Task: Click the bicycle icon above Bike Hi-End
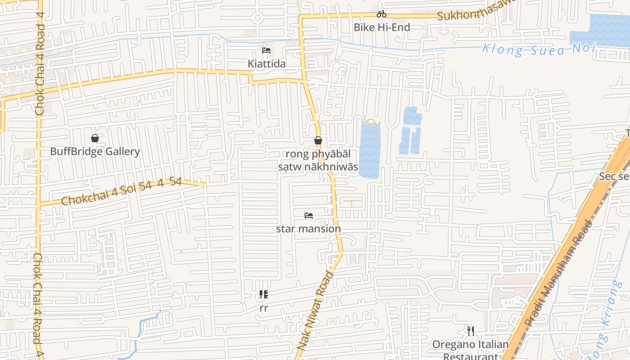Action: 382,14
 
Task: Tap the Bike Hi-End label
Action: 382,27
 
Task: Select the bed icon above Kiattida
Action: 266,50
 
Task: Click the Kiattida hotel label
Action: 266,64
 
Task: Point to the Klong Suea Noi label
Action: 539,49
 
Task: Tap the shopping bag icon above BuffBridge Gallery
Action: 95,138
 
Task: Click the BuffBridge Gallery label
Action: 95,152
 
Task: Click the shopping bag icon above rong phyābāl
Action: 318,141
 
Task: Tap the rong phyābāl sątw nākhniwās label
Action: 318,161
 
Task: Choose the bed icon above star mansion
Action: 309,216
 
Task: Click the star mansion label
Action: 308,229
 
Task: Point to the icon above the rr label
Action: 264,295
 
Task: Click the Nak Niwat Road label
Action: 316,310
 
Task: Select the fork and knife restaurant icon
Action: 471,332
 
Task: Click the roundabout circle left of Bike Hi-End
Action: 257,18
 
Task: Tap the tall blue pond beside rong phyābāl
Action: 369,151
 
